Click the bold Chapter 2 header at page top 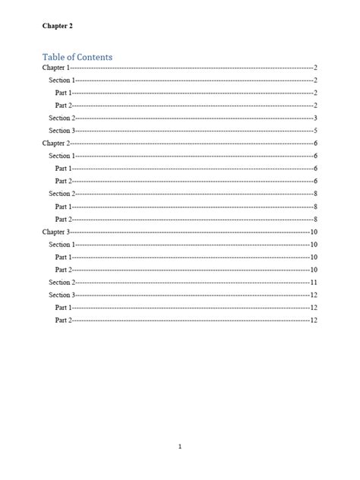[58, 26]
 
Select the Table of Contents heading [77, 57]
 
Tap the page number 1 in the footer [180, 447]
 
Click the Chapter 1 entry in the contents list [55, 68]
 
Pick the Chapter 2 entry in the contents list [55, 143]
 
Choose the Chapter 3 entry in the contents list [55, 232]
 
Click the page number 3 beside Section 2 [314, 118]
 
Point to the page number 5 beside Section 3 [314, 131]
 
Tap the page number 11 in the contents [313, 282]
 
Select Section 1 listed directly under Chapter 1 [62, 80]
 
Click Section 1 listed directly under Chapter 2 [62, 156]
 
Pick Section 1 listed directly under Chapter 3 [62, 245]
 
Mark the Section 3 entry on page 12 [62, 295]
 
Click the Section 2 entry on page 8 [62, 194]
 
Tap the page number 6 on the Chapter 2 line [314, 143]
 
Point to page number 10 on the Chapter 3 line [313, 232]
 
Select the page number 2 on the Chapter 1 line [314, 68]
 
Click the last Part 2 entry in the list [64, 321]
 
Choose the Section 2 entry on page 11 [62, 282]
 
